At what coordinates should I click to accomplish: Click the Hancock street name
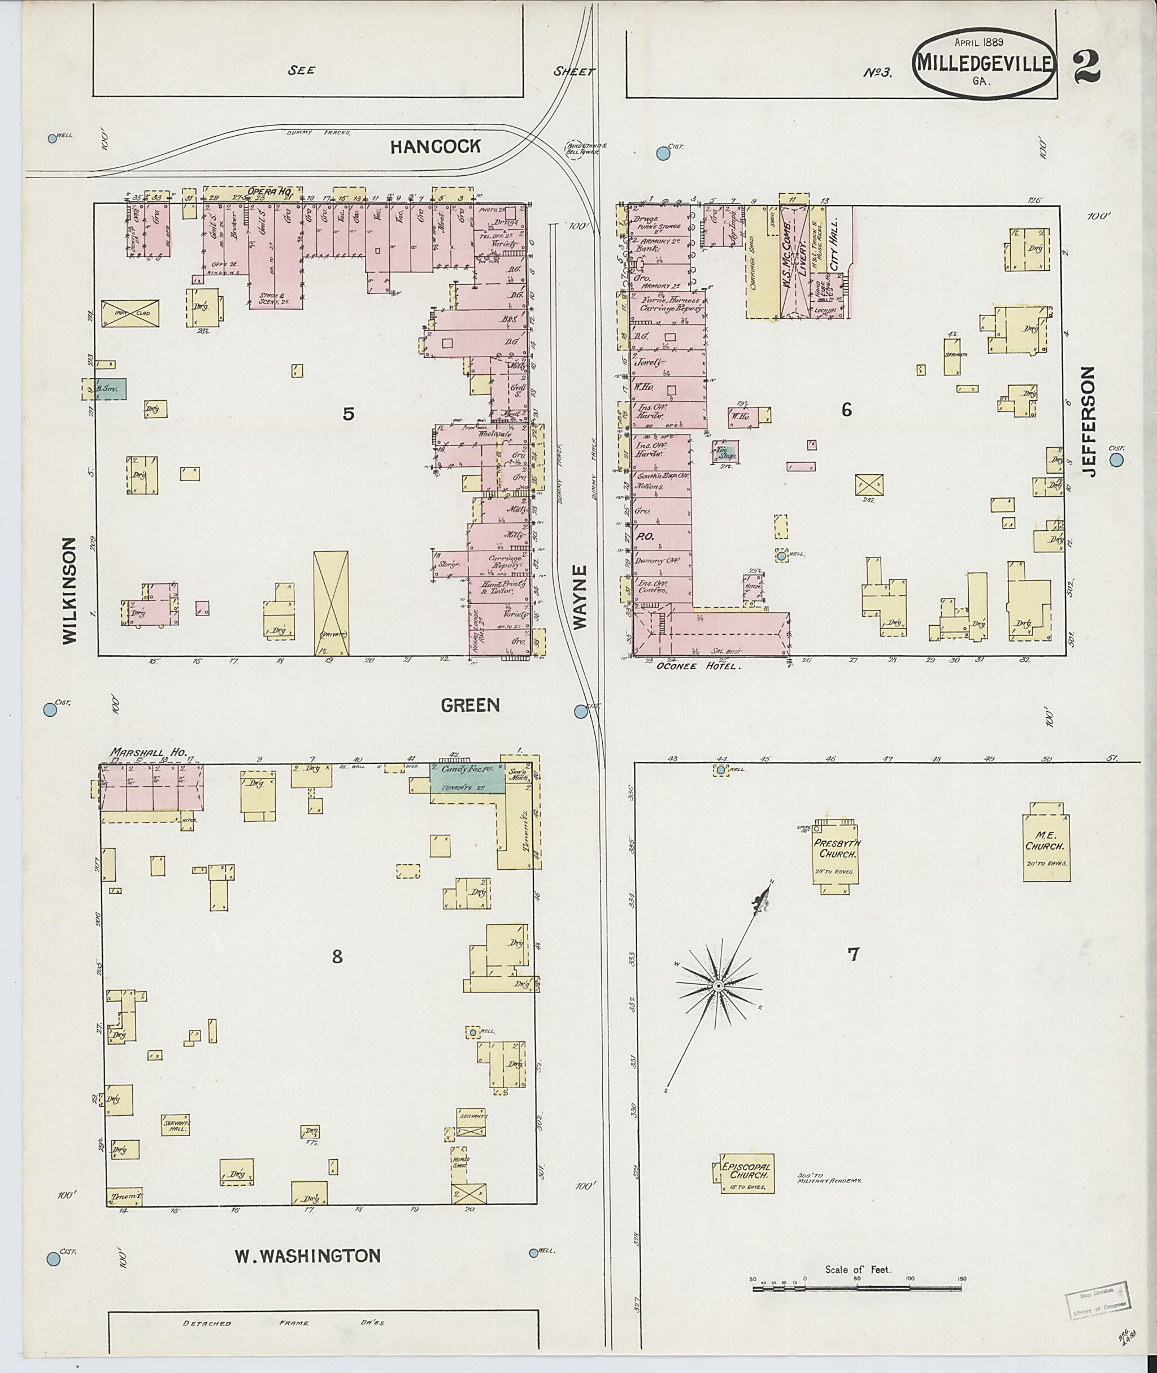point(435,146)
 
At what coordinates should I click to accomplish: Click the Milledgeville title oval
point(984,64)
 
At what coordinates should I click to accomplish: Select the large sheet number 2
point(1087,68)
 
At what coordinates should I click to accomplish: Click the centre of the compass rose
point(718,986)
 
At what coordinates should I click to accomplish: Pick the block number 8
point(337,956)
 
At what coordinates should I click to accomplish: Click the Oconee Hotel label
point(698,666)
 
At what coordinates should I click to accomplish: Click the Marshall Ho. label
point(148,752)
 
